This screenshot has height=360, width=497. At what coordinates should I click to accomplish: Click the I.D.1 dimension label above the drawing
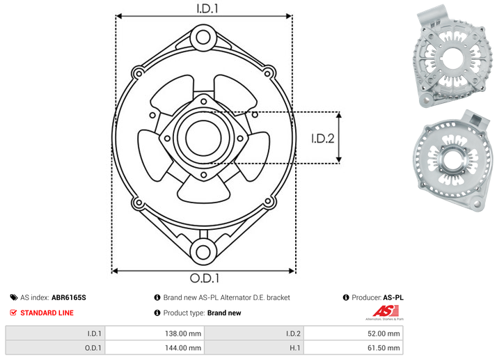point(207,8)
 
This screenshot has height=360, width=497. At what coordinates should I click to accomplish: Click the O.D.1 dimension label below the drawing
point(205,278)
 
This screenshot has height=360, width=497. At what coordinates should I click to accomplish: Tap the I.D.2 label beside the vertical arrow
point(323,139)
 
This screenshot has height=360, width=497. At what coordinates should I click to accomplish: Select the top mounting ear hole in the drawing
point(203,38)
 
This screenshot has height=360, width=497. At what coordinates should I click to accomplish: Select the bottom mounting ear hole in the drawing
point(203,252)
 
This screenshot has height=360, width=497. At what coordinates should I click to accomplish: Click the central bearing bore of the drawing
point(203,138)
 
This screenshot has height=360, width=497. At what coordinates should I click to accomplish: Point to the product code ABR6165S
point(69,297)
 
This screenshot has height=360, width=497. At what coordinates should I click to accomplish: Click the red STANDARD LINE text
point(47,313)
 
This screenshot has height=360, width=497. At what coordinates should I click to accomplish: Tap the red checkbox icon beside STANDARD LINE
point(13,313)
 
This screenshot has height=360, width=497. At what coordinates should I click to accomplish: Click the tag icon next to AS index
point(14,297)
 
